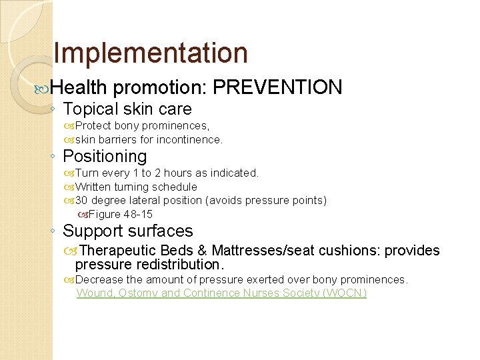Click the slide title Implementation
pyautogui.click(x=150, y=53)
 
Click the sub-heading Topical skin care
pyautogui.click(x=127, y=109)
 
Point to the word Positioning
pyautogui.click(x=105, y=157)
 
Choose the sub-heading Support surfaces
pyautogui.click(x=127, y=231)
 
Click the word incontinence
pyautogui.click(x=190, y=139)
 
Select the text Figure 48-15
pyautogui.click(x=120, y=214)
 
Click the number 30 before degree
pyautogui.click(x=81, y=201)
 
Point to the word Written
pyautogui.click(x=93, y=187)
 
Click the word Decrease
pyautogui.click(x=99, y=279)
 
